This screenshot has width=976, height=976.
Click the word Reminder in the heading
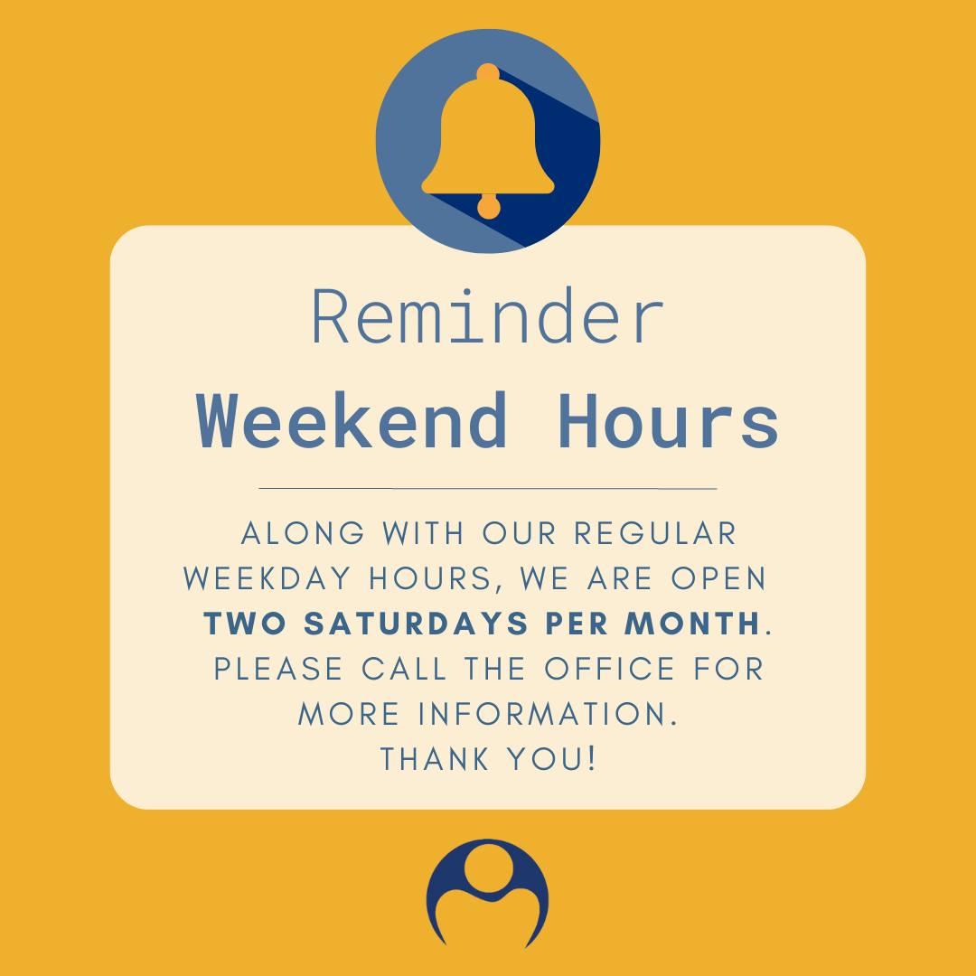(487, 315)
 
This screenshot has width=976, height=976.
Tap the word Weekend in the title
(352, 420)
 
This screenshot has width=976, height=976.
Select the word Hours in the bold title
(669, 420)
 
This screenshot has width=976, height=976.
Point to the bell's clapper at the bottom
(489, 207)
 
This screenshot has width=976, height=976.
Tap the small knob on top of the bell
(488, 72)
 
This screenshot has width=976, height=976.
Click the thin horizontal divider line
(488, 489)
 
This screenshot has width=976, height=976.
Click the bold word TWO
(245, 623)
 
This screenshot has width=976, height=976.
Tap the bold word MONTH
(693, 623)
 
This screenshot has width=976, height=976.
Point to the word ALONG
(303, 533)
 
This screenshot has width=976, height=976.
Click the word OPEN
(719, 578)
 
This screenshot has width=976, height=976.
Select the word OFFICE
(610, 669)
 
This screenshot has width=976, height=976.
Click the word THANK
(435, 759)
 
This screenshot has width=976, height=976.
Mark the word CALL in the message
(404, 669)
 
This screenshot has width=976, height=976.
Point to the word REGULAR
(655, 533)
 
